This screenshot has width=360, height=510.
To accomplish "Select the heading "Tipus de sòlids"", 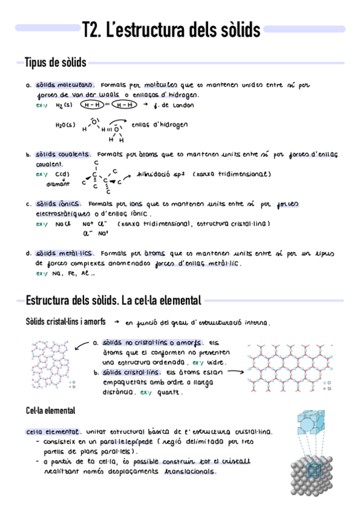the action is (x=55, y=63).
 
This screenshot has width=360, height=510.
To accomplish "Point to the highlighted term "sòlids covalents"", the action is (x=63, y=154).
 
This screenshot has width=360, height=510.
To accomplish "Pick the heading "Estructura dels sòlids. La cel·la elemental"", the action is (x=113, y=300).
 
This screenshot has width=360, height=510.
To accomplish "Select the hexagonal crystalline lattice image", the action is (x=288, y=368).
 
